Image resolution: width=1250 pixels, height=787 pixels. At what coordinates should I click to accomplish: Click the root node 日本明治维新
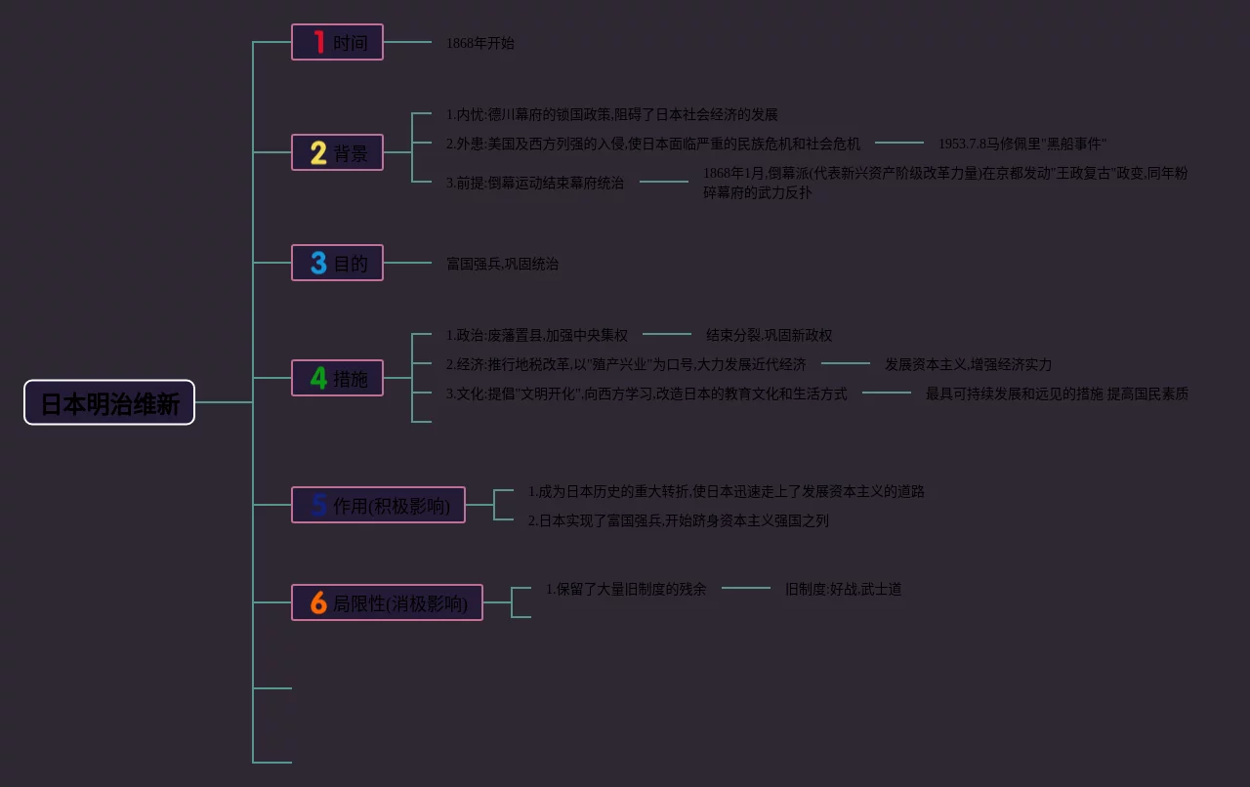coord(109,402)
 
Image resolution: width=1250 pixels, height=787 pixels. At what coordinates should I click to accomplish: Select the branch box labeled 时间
coord(337,42)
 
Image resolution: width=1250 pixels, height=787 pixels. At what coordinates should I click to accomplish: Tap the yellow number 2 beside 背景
coord(318,152)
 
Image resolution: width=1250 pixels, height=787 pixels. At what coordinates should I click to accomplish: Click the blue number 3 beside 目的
coord(318,263)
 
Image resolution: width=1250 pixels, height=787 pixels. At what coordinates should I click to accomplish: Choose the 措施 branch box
coord(337,378)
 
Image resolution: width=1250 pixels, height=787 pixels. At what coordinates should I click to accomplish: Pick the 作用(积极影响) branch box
coord(378,505)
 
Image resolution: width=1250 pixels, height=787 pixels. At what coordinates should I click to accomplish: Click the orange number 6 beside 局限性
coord(318,602)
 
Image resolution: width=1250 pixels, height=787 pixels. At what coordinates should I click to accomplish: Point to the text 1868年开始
coord(479,43)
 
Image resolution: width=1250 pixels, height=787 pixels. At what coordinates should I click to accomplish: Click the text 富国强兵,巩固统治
coord(502,264)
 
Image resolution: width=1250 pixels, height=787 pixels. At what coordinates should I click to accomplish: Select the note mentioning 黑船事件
coord(1022,144)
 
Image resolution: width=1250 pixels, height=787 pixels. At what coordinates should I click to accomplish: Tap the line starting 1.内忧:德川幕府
coord(611,114)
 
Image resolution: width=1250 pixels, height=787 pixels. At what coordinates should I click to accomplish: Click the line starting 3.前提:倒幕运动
coord(534,183)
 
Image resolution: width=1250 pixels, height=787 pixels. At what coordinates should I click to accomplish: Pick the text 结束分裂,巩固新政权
coord(769,335)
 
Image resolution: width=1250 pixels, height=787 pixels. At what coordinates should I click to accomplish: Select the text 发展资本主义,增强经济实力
coord(968,364)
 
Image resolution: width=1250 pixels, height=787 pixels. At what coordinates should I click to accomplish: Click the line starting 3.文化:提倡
coord(646,393)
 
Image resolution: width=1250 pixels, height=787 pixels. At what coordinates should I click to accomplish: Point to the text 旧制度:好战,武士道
coord(843,589)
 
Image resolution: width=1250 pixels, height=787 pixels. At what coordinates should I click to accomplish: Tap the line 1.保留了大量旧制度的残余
coord(625,589)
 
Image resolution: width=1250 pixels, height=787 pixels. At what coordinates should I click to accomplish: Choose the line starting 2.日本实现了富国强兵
coord(678,520)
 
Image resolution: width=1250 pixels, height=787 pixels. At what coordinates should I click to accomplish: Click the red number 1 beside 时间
coord(318,42)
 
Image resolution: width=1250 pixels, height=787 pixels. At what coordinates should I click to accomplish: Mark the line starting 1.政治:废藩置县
coord(536,335)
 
